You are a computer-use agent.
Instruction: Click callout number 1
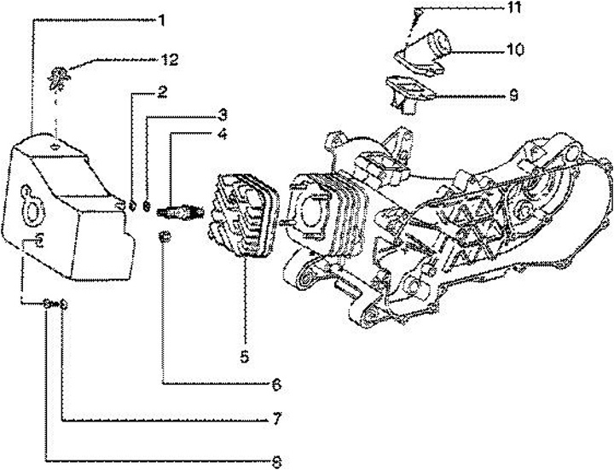pos(160,19)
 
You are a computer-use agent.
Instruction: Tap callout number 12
pos(169,59)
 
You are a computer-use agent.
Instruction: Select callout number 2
pos(160,91)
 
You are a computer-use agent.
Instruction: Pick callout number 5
pos(244,357)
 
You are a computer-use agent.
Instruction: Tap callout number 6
pos(276,385)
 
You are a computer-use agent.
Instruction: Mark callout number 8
pos(277,461)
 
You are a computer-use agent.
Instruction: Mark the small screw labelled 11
pos(417,15)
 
